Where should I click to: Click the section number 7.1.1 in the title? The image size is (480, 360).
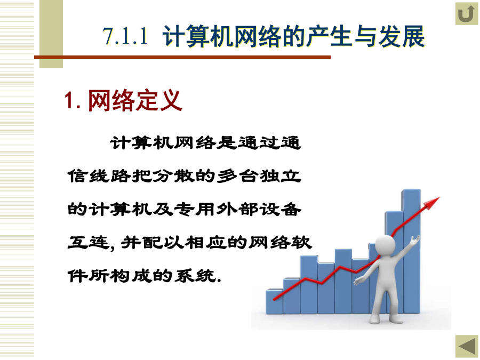click(x=125, y=36)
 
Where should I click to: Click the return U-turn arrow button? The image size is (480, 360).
click(x=467, y=14)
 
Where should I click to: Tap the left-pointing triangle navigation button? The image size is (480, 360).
click(x=467, y=347)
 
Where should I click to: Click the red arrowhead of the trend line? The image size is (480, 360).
click(x=431, y=203)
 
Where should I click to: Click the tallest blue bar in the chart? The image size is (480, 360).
click(x=411, y=251)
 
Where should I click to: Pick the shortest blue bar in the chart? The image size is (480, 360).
click(x=274, y=301)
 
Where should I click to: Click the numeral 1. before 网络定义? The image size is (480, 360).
click(x=73, y=100)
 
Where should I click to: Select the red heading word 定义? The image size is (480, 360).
click(x=159, y=100)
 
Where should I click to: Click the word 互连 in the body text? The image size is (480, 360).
click(x=89, y=243)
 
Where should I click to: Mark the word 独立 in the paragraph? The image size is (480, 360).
click(x=280, y=177)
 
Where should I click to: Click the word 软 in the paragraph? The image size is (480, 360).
click(x=301, y=243)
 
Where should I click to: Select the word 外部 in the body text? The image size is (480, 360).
click(x=237, y=210)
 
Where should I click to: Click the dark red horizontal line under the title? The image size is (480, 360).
click(x=182, y=57)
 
